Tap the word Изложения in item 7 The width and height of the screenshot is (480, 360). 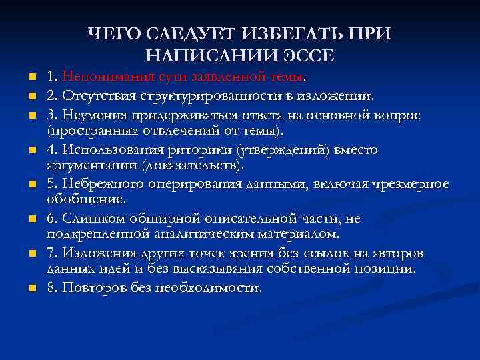pos(95,254)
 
